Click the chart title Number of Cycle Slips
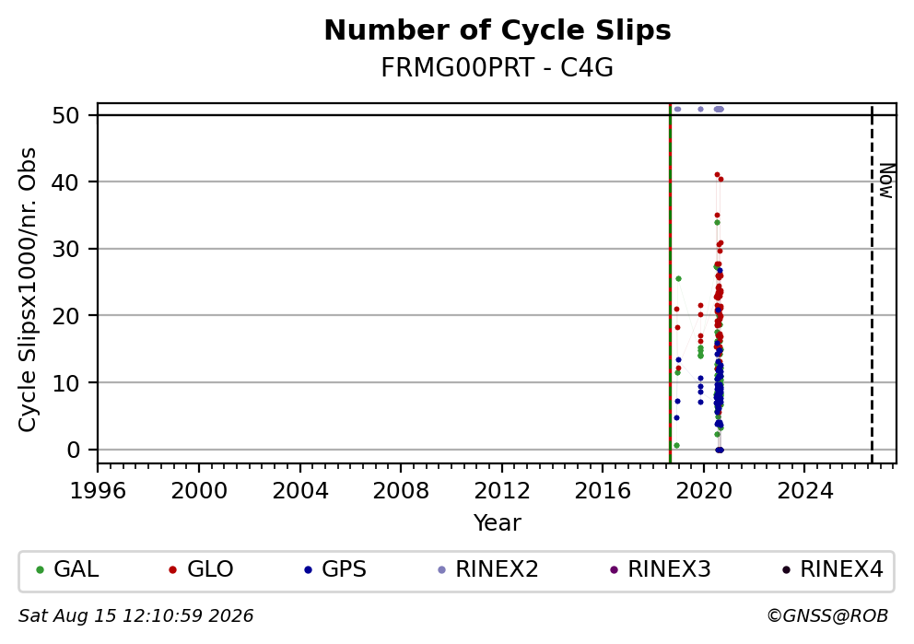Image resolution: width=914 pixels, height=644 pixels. pyautogui.click(x=498, y=30)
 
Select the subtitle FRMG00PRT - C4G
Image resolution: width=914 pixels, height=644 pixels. pyautogui.click(x=498, y=68)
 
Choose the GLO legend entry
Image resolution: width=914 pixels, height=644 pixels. pyautogui.click(x=201, y=569)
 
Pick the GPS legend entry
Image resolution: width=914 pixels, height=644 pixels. pyautogui.click(x=335, y=569)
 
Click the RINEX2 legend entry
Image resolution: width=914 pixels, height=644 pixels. pyautogui.click(x=488, y=569)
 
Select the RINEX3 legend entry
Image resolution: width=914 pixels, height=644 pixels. pyautogui.click(x=661, y=569)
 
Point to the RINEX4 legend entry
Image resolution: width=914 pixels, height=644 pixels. pyautogui.click(x=833, y=569)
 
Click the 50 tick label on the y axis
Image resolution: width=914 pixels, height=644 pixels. pyautogui.click(x=65, y=115)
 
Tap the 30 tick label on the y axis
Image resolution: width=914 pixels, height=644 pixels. pyautogui.click(x=65, y=250)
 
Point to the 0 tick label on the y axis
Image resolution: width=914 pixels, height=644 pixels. pyautogui.click(x=74, y=450)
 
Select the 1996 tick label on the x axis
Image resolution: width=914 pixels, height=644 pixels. pyautogui.click(x=98, y=491)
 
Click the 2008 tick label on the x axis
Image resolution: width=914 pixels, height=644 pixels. pyautogui.click(x=401, y=491)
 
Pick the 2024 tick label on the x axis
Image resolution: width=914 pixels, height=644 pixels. pyautogui.click(x=805, y=491)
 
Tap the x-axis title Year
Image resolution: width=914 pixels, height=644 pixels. pyautogui.click(x=498, y=522)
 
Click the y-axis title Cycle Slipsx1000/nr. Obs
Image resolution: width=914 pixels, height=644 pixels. pyautogui.click(x=28, y=289)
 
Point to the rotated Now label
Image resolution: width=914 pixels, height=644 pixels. pyautogui.click(x=886, y=181)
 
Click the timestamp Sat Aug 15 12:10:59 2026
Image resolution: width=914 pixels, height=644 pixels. pyautogui.click(x=135, y=616)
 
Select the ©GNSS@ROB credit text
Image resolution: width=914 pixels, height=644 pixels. pyautogui.click(x=827, y=616)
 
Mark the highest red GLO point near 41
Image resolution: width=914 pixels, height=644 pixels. pyautogui.click(x=717, y=174)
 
